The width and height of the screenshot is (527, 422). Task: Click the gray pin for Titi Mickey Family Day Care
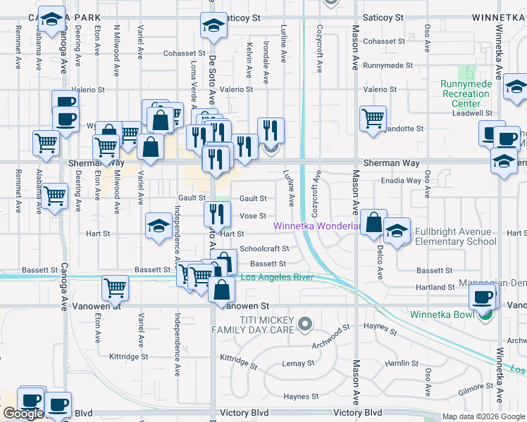[x=304, y=324]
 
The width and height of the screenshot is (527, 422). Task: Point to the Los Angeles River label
[x=277, y=277]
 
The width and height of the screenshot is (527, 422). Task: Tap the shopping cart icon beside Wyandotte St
[x=373, y=118]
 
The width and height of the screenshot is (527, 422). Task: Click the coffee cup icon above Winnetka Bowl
[x=483, y=297]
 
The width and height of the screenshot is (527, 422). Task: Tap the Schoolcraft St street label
[x=264, y=248]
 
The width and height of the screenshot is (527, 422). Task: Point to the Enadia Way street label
[x=402, y=181]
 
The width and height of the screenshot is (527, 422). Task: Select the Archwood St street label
[x=331, y=336]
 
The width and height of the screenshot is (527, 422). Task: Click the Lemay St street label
[x=298, y=363]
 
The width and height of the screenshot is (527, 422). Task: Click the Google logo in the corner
[x=23, y=414]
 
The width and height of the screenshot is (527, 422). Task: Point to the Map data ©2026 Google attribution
[x=483, y=416]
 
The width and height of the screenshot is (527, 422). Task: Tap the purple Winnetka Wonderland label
[x=317, y=226]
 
